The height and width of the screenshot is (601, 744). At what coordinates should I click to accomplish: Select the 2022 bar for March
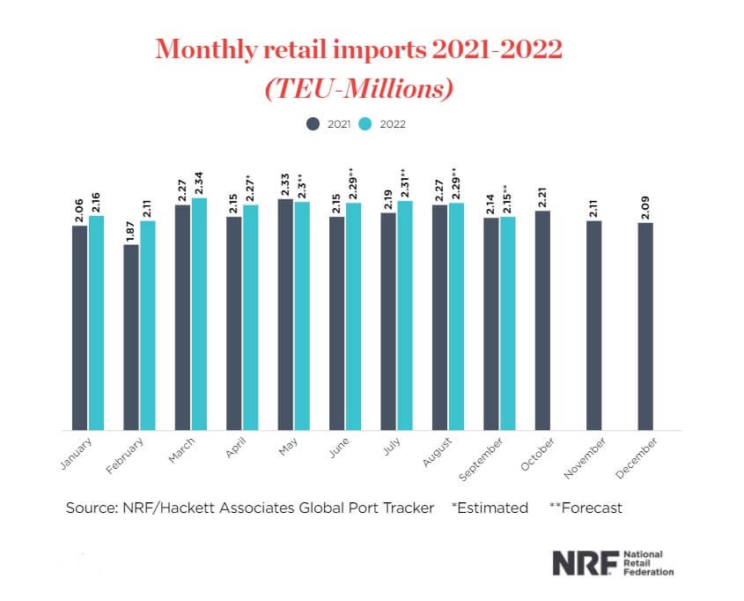click(x=199, y=314)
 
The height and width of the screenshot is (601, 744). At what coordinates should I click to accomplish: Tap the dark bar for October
click(x=542, y=320)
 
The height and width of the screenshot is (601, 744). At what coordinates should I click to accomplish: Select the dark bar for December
click(x=645, y=326)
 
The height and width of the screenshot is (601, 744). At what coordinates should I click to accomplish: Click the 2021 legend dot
click(x=312, y=124)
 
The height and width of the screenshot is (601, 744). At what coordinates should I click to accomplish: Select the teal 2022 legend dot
click(x=368, y=124)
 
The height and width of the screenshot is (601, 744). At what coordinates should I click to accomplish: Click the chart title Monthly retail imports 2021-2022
click(x=358, y=48)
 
